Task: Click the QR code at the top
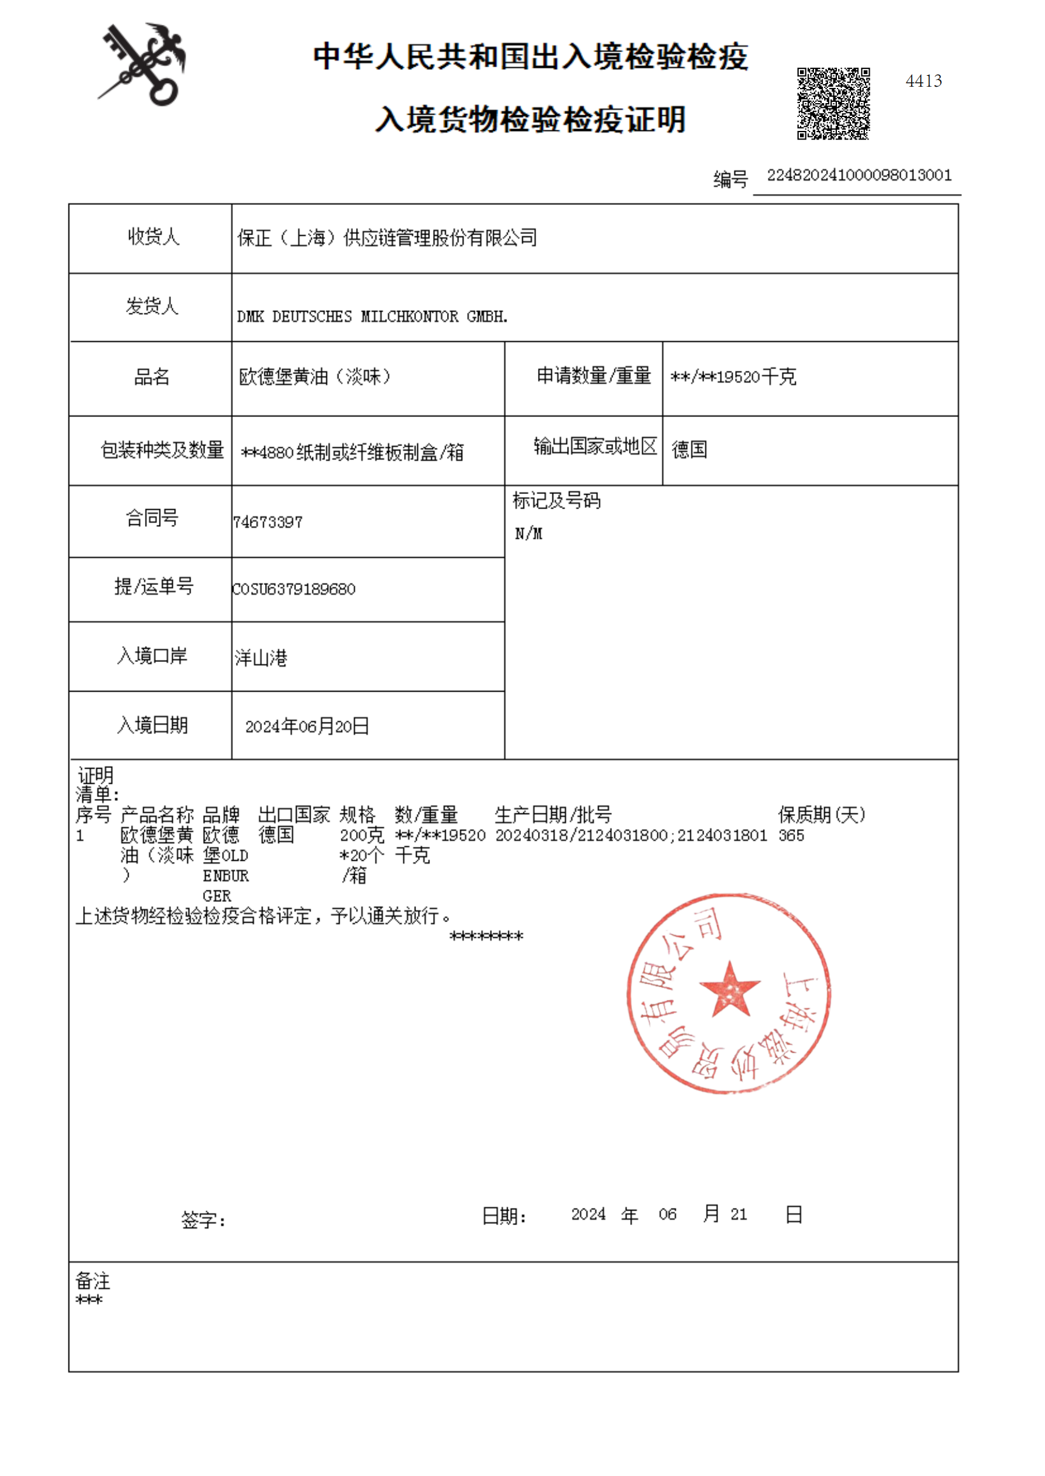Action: [833, 103]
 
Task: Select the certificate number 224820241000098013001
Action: [859, 175]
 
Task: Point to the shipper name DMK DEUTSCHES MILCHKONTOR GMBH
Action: [372, 316]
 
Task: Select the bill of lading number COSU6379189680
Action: [294, 589]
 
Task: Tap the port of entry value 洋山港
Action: [261, 657]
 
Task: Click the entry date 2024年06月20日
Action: [307, 726]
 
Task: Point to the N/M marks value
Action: [528, 533]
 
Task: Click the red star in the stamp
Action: [730, 990]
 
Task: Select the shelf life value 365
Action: [791, 835]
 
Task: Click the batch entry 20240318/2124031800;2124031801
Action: [631, 835]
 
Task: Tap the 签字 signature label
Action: [203, 1220]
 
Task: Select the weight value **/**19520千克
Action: [733, 376]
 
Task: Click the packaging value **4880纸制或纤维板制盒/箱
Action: [352, 452]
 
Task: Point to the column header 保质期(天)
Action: [821, 815]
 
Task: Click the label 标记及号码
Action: [557, 500]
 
